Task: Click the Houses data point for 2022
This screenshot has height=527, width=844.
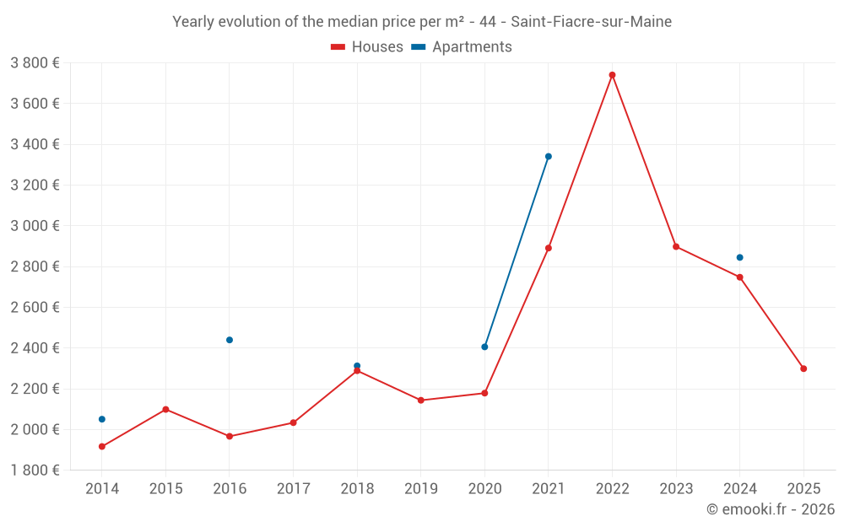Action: tap(612, 75)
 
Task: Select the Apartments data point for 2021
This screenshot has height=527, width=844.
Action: tap(549, 156)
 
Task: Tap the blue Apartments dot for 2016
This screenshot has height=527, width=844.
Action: tap(230, 340)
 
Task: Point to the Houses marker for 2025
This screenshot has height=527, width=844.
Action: tap(803, 368)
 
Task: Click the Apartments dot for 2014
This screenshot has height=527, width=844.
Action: tap(102, 419)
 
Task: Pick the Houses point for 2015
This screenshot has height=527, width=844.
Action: tap(165, 409)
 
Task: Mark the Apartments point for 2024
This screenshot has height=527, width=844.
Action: tap(740, 257)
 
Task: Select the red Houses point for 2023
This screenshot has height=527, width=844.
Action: tap(676, 246)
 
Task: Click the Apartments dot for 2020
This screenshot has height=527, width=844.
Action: tap(484, 347)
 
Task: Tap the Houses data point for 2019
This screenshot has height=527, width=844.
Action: tap(421, 400)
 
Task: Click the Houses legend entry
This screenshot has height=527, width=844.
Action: tap(367, 47)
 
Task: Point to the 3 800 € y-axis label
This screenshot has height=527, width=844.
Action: tap(35, 63)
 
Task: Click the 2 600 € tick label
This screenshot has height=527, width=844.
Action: tap(35, 308)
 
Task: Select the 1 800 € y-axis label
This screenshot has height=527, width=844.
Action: tap(35, 471)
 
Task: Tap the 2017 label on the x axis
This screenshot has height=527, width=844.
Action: tap(293, 489)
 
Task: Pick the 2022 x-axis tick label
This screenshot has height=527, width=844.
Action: tap(612, 489)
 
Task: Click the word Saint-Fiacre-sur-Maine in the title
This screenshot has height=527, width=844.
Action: tap(592, 22)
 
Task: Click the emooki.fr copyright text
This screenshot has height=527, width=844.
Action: tap(771, 509)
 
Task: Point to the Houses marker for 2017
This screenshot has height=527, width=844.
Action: tap(293, 422)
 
